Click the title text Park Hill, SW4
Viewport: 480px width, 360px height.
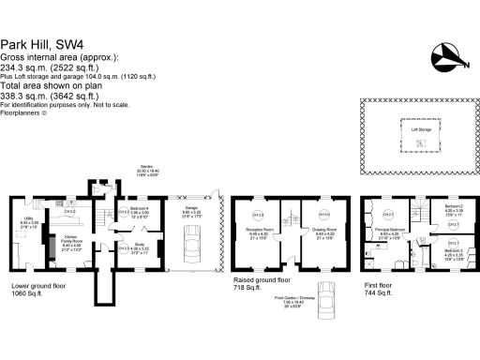click(41, 43)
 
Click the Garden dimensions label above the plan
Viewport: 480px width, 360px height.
click(148, 169)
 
